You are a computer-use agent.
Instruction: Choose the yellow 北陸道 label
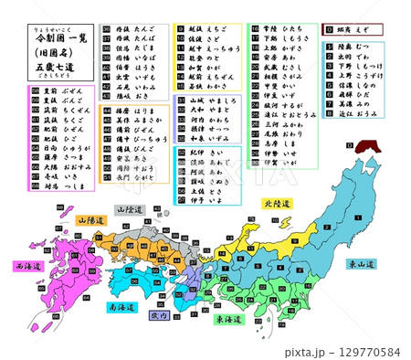[x=274, y=204]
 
